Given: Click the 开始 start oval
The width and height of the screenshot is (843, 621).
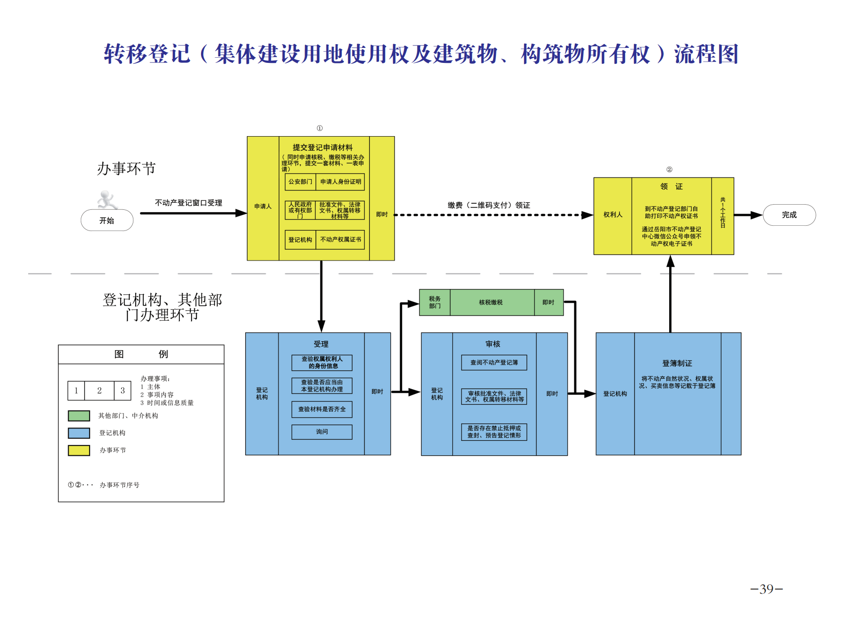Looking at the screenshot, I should coord(107,220).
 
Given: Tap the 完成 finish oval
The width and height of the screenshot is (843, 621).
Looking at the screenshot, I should coord(789,215).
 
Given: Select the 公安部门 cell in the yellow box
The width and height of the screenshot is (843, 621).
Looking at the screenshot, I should coord(300,182).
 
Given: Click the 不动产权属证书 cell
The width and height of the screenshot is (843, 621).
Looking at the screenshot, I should coord(340,239).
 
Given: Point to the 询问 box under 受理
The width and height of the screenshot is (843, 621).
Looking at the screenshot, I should coord(322,432).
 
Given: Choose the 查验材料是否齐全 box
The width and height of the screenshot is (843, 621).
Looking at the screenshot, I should coord(322,409).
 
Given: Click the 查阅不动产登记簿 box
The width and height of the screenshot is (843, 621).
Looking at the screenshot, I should coord(494,362).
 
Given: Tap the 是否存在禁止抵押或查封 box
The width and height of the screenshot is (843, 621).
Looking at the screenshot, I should coord(494,432).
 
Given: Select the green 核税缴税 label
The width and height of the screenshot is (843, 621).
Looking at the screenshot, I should coord(491,302).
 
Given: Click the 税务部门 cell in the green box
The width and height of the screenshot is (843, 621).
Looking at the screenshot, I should coord(435,302).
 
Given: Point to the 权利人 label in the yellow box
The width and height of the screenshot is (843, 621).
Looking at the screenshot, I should coord(613,215).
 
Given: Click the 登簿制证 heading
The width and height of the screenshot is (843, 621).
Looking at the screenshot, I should coord(677,363).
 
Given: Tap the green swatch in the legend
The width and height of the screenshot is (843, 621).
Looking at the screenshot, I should coord(79,416).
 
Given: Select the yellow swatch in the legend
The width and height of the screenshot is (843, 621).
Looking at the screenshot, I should coord(79,451).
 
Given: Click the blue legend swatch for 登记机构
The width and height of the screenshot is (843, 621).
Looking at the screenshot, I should coord(79,433).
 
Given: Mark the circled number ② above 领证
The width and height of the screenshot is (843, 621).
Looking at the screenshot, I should coord(669,169).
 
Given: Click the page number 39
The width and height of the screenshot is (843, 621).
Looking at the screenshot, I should coord(766,589).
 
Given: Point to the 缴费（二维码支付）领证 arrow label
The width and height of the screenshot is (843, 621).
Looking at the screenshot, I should coord(489,205).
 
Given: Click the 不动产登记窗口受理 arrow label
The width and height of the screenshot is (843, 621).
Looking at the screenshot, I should coord(188,203).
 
